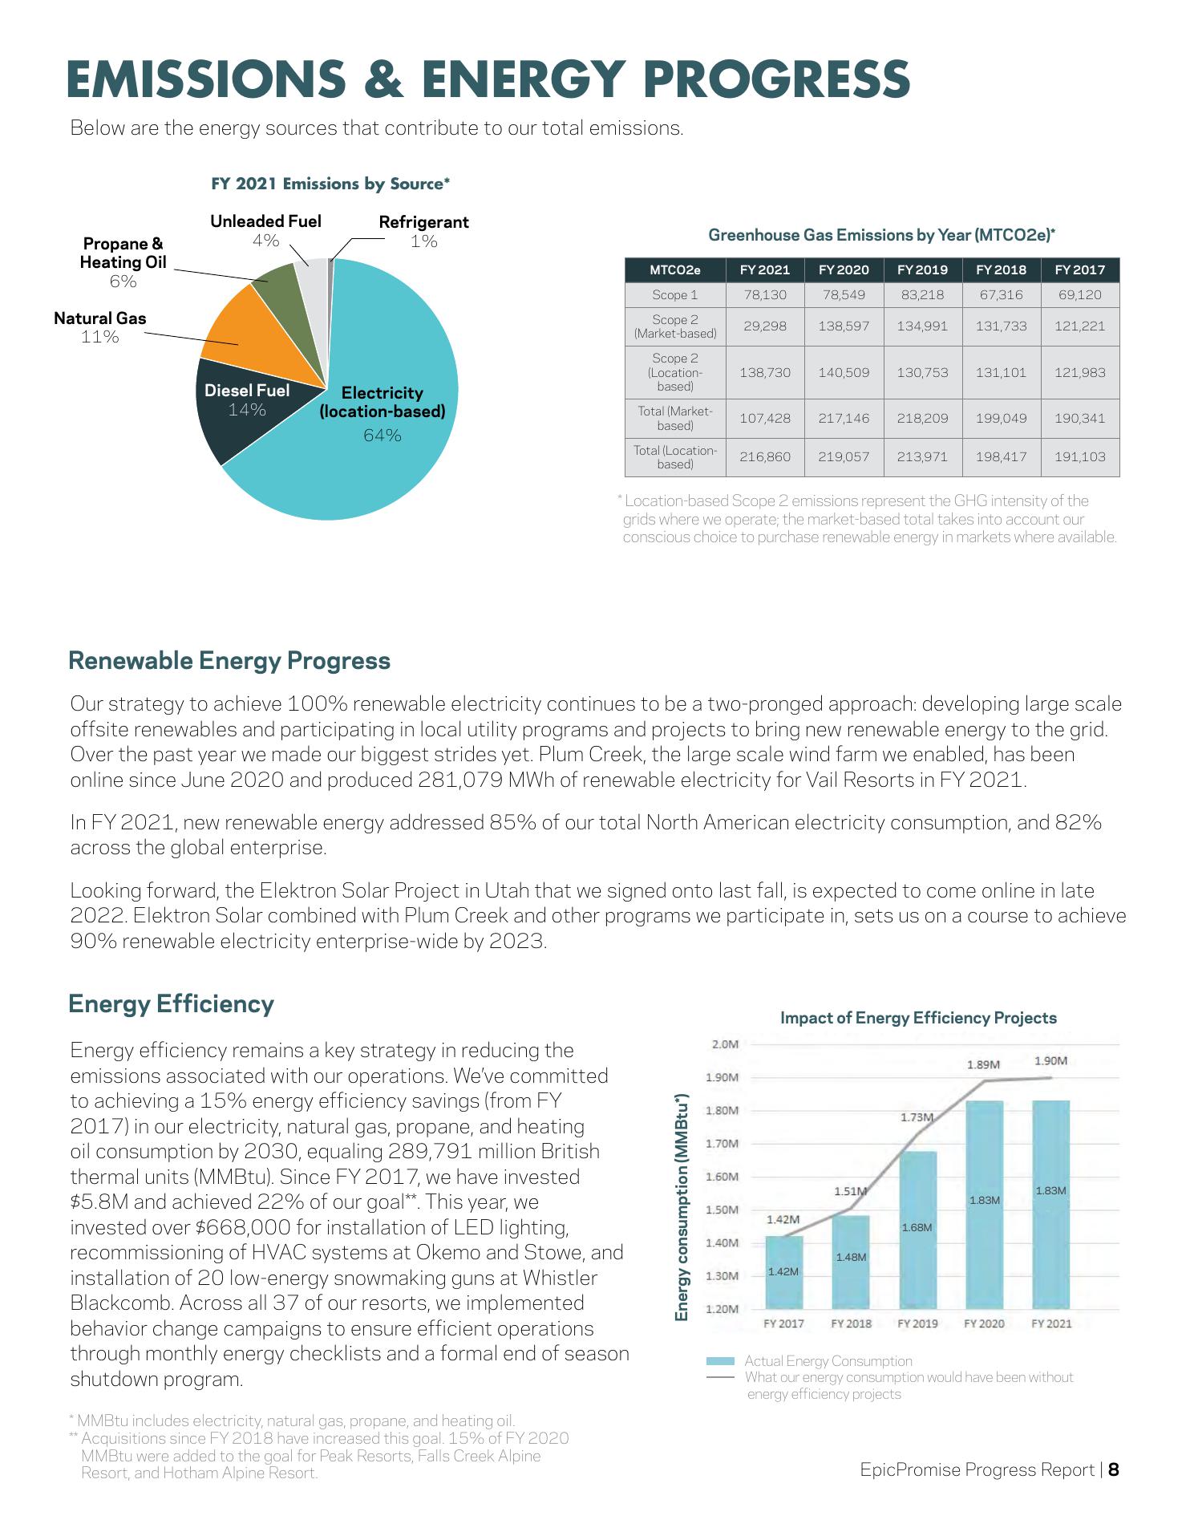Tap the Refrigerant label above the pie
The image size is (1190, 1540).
point(423,222)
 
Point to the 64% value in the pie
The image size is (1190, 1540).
point(382,436)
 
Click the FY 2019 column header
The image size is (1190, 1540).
point(922,270)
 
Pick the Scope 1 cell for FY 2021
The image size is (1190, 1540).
point(765,295)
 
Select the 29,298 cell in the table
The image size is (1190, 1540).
point(765,326)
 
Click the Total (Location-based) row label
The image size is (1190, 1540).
point(675,457)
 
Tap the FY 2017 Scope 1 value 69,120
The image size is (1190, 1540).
point(1079,295)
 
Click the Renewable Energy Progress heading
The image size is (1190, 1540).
point(229,661)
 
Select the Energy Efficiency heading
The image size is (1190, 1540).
point(172,1004)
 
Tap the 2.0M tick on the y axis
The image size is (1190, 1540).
point(725,1044)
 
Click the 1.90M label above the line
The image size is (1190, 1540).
point(1050,1060)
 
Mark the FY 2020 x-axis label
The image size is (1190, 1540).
point(984,1323)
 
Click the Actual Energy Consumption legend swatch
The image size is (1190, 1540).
point(720,1361)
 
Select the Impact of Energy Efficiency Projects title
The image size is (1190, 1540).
point(918,1018)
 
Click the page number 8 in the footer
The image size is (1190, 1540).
point(1114,1470)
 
